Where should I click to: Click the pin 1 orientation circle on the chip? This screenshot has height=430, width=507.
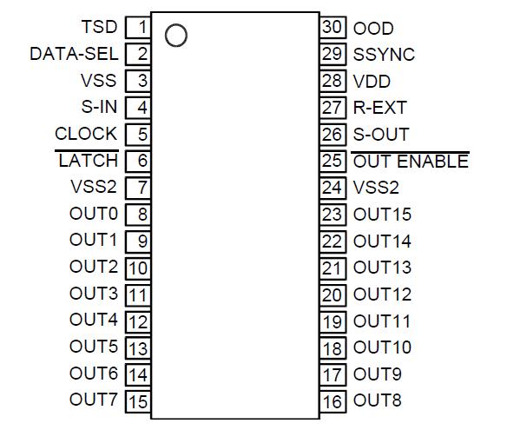175,36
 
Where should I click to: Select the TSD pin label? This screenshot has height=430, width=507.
98,27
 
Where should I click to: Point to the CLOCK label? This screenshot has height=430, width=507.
85,134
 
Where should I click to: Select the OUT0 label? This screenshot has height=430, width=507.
93,214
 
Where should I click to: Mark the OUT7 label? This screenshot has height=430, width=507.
93,400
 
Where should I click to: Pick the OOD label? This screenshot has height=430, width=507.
372,28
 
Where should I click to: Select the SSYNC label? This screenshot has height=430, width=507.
384,54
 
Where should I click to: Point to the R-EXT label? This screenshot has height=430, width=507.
379,108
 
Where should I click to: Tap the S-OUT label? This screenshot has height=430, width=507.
380,135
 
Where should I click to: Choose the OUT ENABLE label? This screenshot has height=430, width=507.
410,162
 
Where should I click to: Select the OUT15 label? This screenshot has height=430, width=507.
382,215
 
